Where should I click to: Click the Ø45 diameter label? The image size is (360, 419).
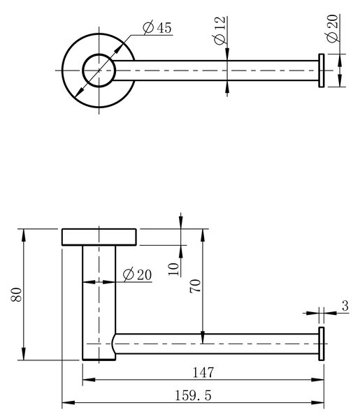click(157, 27)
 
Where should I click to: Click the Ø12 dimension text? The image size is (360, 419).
click(220, 31)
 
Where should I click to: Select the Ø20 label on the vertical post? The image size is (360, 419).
click(137, 274)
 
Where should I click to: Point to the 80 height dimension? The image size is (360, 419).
click(16, 295)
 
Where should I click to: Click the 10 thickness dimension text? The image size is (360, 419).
click(173, 269)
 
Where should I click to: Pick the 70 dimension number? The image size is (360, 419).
click(195, 286)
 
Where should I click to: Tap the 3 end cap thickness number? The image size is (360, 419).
click(345, 306)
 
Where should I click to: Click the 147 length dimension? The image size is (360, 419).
click(203, 372)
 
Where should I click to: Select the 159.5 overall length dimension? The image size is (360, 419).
click(193, 395)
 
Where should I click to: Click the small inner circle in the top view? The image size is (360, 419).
click(99, 71)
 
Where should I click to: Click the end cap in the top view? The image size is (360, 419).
click(322, 71)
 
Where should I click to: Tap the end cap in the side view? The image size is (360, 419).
click(322, 344)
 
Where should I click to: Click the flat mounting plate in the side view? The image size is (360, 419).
click(99, 237)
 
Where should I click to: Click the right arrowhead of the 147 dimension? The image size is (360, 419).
click(318, 379)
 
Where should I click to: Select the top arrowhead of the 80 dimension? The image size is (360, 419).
click(24, 235)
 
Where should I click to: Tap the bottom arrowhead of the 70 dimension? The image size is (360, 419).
click(203, 337)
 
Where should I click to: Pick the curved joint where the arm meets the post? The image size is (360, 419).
click(114, 344)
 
